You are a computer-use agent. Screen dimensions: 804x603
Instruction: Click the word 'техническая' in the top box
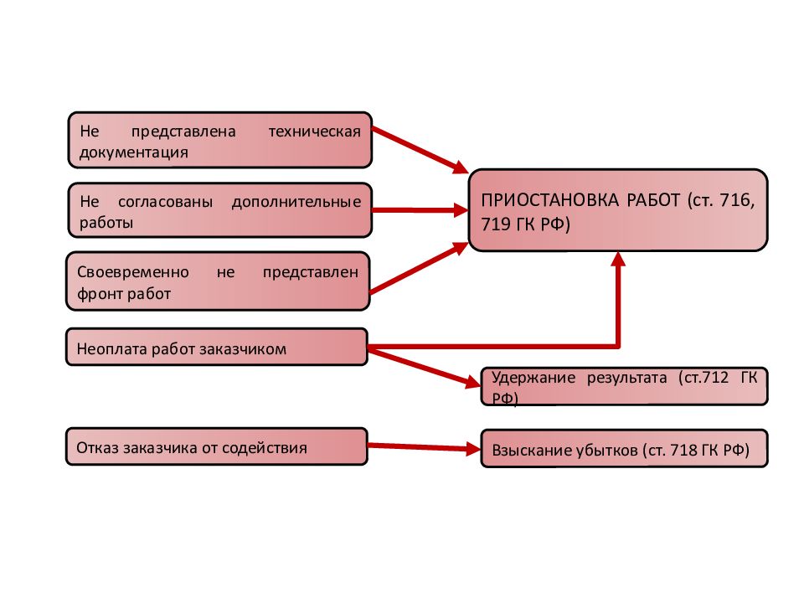click(314, 131)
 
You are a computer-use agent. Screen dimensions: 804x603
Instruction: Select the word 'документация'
click(134, 152)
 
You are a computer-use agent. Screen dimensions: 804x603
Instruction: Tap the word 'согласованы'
click(165, 202)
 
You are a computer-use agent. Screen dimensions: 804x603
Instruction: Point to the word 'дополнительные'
click(296, 203)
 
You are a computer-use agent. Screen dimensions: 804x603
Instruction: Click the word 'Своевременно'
click(133, 271)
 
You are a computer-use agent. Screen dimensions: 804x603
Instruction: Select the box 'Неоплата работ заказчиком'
click(217, 347)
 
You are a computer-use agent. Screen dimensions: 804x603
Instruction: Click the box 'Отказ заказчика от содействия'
click(217, 446)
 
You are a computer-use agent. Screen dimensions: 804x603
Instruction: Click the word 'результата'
click(627, 379)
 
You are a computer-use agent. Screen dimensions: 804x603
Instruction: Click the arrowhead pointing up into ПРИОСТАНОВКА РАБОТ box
click(619, 259)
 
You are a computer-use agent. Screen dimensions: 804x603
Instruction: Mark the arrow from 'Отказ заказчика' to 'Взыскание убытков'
click(425, 447)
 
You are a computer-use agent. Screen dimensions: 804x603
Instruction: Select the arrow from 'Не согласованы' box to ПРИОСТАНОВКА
click(420, 209)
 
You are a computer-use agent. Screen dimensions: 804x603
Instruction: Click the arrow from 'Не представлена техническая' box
click(420, 150)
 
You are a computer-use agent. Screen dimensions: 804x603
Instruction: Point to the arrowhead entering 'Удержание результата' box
click(472, 382)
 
